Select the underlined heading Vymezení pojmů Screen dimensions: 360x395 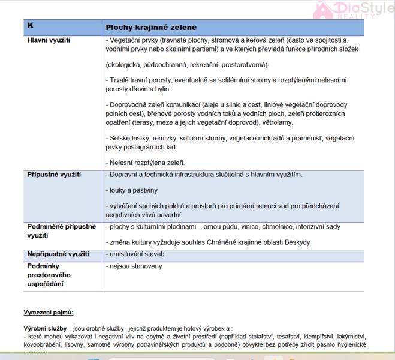[x=49, y=313]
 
